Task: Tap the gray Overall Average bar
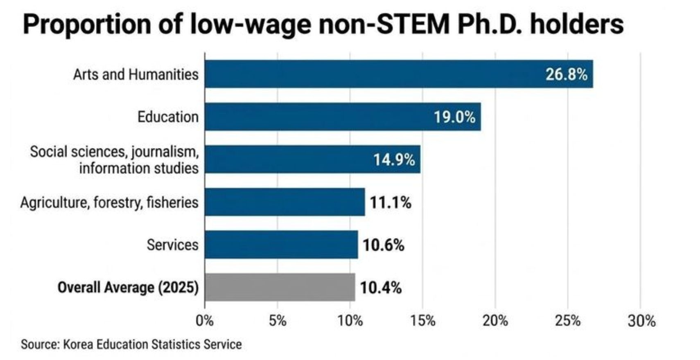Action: (280, 287)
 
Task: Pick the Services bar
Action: (281, 245)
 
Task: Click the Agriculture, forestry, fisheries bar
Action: (285, 202)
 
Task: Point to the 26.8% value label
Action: (566, 74)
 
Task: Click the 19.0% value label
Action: (454, 117)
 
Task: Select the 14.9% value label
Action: (394, 160)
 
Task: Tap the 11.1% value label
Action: (391, 202)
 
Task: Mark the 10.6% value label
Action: (384, 245)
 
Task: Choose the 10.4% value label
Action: (381, 288)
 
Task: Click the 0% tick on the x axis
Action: (205, 320)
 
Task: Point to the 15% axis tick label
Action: (422, 320)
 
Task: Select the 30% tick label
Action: (641, 320)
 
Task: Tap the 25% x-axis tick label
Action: (568, 320)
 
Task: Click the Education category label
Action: (168, 117)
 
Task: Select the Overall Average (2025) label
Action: (128, 287)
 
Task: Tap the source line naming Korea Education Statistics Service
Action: (131, 344)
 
